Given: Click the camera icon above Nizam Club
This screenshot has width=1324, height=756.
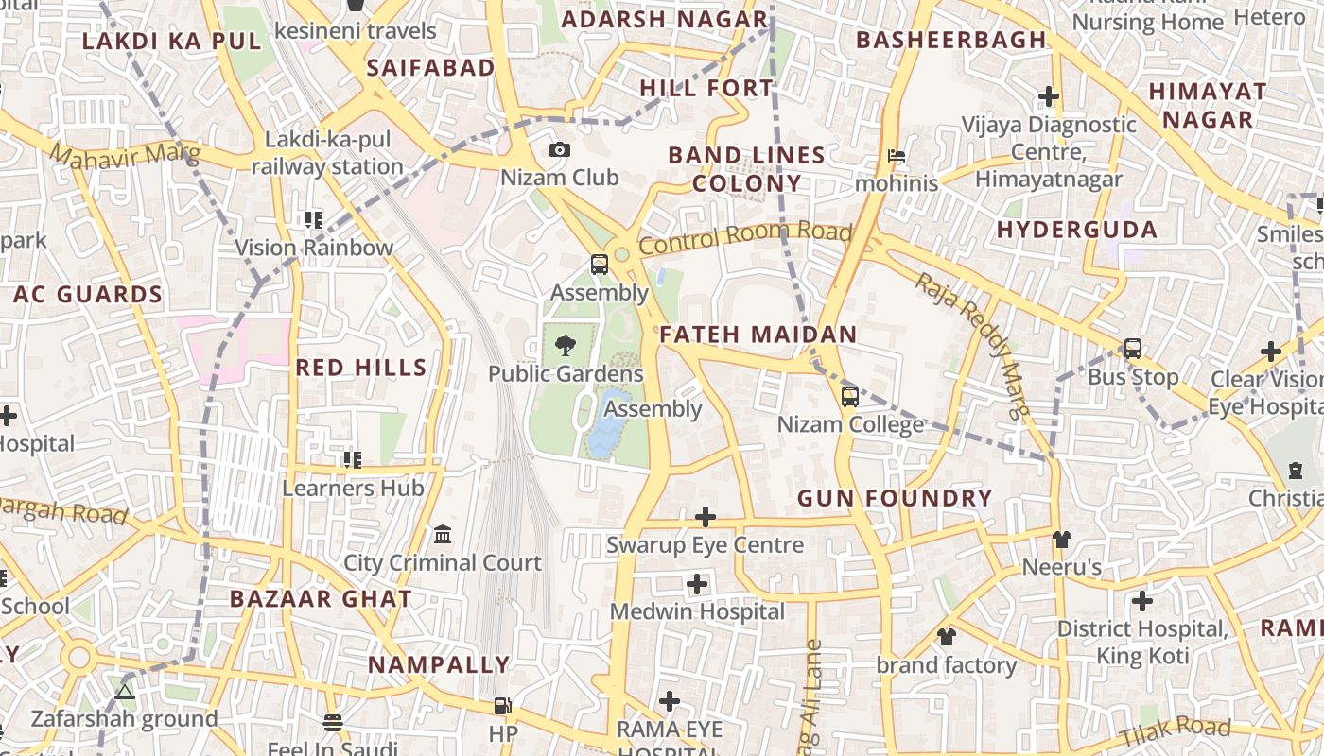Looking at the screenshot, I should tap(559, 150).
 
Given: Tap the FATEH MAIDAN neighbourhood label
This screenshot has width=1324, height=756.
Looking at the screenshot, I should tap(758, 335).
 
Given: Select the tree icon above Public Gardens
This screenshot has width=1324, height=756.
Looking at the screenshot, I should tap(566, 346).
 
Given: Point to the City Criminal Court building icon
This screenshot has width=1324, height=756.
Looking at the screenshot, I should tap(442, 536).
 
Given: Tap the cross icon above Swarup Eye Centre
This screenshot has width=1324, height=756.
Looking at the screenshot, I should tap(705, 517).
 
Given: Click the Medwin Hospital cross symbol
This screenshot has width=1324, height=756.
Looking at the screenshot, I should tap(697, 584).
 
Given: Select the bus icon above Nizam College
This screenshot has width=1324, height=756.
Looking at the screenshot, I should tap(849, 397).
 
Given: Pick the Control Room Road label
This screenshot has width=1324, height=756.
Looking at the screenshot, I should tap(745, 237).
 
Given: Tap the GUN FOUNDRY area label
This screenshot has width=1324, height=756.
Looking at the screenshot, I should tap(895, 498).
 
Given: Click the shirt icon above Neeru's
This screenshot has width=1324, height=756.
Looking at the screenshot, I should tap(1061, 540).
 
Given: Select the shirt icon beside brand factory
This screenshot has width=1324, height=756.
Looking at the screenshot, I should tap(946, 637).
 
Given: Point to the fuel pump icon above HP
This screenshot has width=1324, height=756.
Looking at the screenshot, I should tap(503, 705).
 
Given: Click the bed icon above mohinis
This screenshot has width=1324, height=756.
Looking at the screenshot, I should tap(896, 156).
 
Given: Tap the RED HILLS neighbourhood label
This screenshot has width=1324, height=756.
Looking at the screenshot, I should tap(361, 368).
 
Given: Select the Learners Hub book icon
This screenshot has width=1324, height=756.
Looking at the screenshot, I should tap(353, 460).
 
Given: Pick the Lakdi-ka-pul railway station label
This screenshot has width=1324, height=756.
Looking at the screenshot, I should tap(327, 153).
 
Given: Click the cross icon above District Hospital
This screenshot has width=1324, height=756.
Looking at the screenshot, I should tap(1142, 601).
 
